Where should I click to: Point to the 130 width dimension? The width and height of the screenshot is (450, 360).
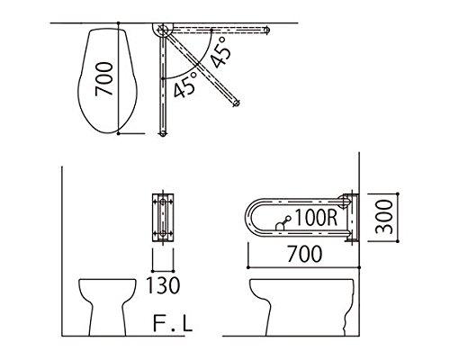coord(163,287)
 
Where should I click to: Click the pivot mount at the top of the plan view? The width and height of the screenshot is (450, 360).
coord(162,31)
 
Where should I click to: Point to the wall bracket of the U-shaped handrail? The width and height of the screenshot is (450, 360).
coord(350,218)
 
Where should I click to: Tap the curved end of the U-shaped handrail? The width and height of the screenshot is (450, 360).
coord(249,218)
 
